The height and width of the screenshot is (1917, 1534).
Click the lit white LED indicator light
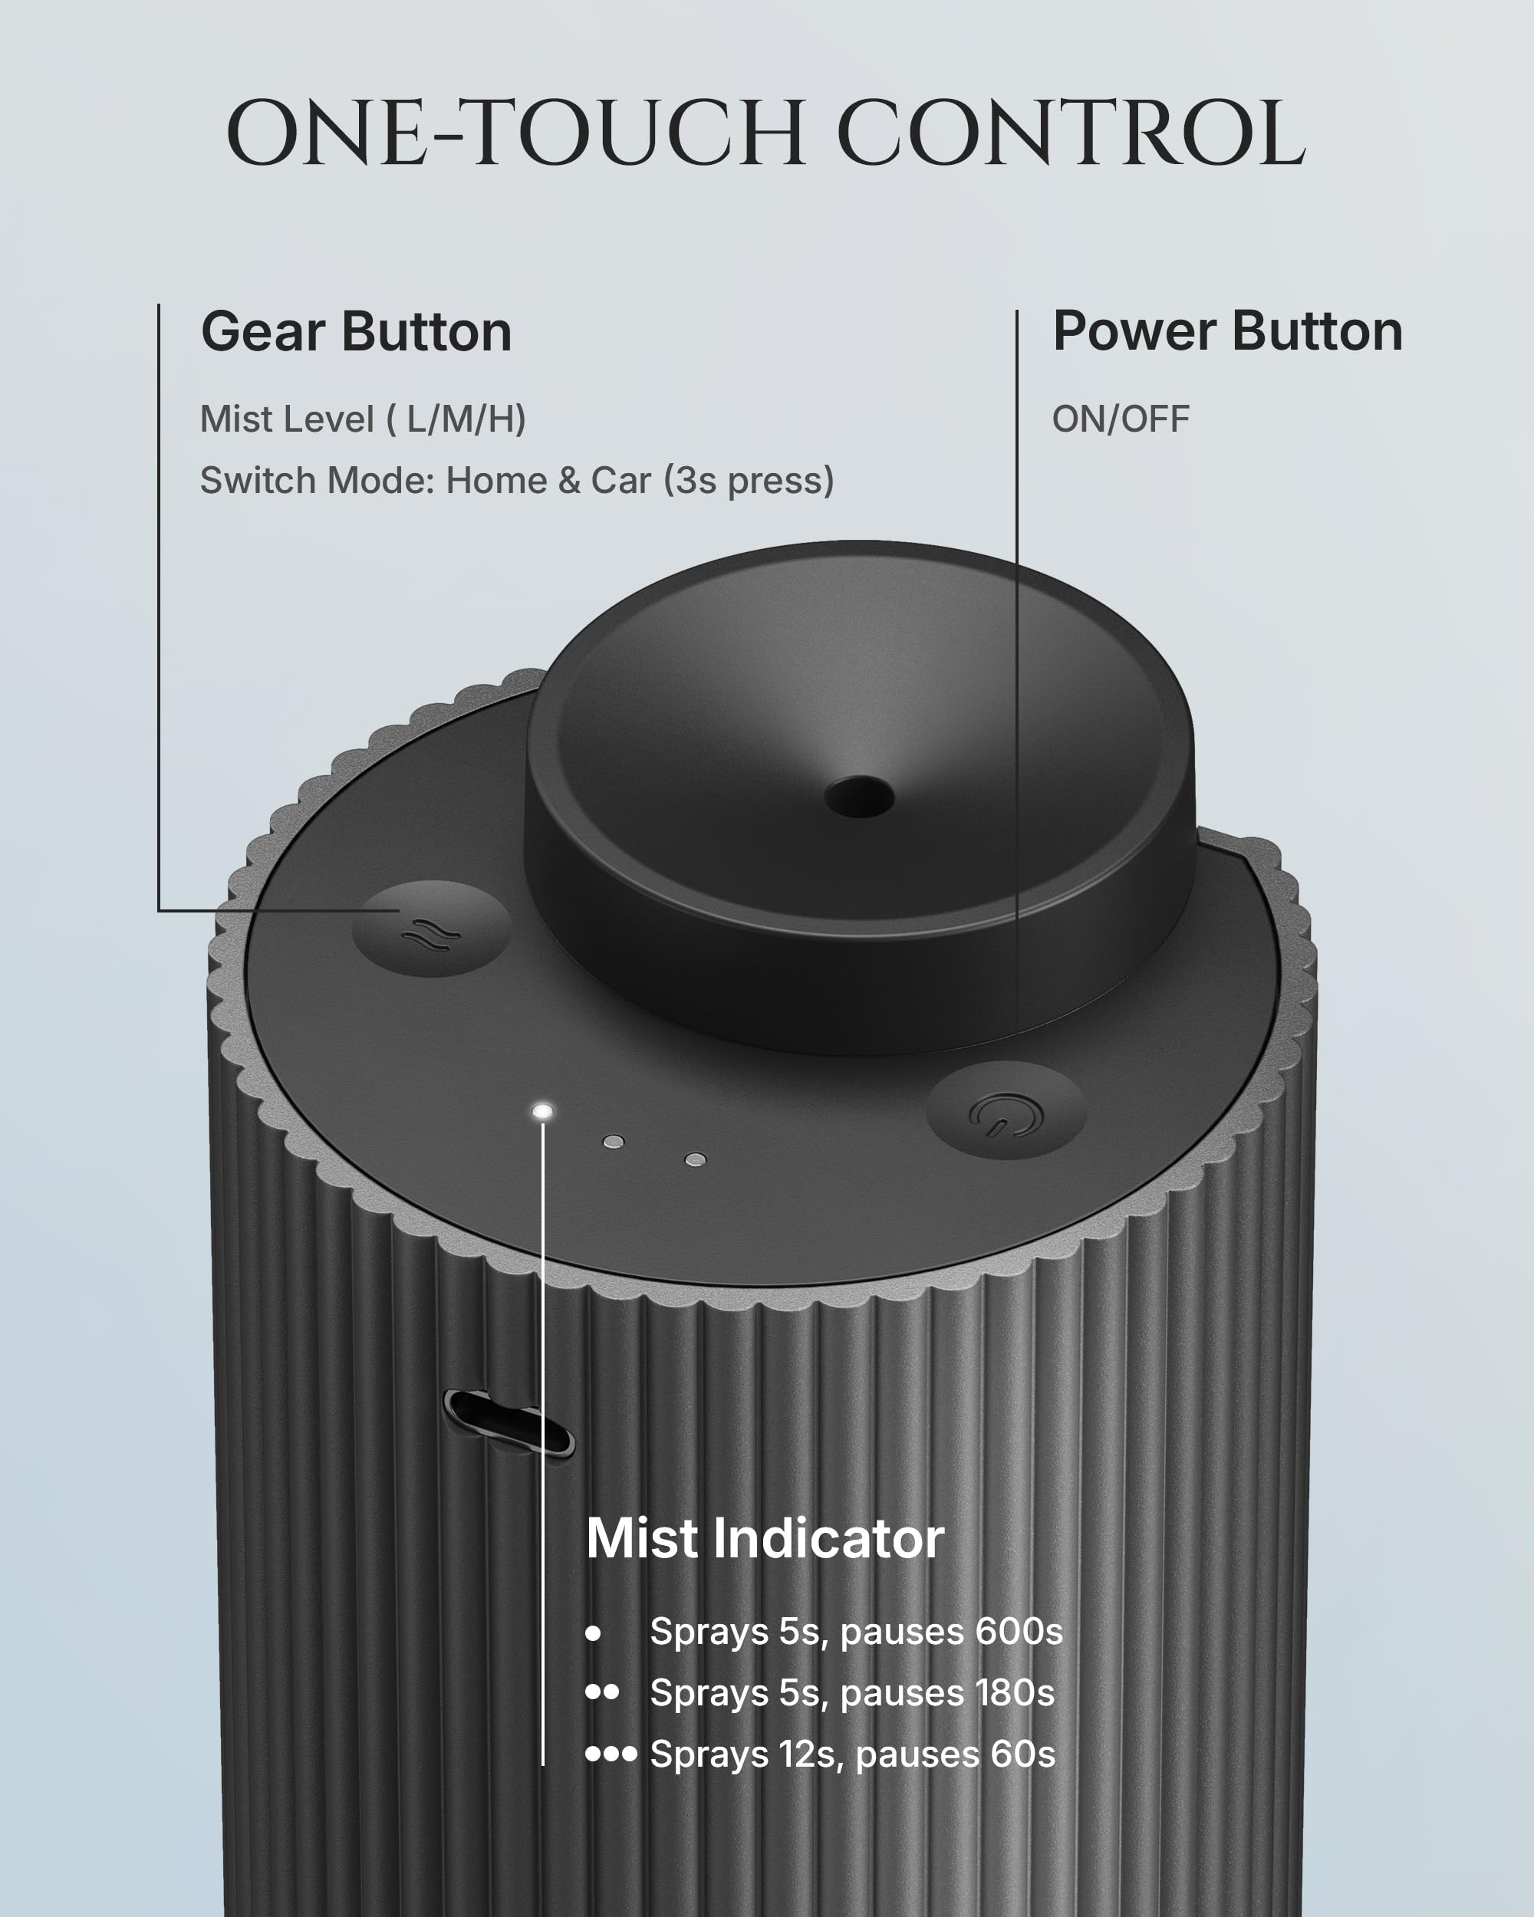pyautogui.click(x=542, y=1111)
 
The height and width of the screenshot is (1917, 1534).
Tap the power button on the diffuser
pyautogui.click(x=1006, y=1110)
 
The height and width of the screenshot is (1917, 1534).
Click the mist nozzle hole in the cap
pyautogui.click(x=859, y=796)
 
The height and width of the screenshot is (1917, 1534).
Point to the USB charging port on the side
pyautogui.click(x=509, y=1423)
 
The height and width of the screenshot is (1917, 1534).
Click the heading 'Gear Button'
pyautogui.click(x=356, y=332)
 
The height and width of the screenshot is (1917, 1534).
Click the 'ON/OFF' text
pyautogui.click(x=1121, y=419)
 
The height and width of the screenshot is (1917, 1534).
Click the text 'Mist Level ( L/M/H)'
pyautogui.click(x=363, y=419)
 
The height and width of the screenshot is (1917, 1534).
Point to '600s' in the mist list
pyautogui.click(x=1019, y=1631)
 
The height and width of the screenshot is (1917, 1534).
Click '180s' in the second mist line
pyautogui.click(x=1012, y=1692)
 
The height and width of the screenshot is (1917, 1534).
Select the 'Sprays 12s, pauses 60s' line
pyautogui.click(x=853, y=1754)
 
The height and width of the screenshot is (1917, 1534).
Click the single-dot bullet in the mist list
pyautogui.click(x=593, y=1633)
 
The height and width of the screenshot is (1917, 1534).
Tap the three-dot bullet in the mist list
pyautogui.click(x=612, y=1754)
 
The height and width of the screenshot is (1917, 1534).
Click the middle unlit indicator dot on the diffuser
pyautogui.click(x=613, y=1142)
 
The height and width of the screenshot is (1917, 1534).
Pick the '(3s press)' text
pyautogui.click(x=749, y=480)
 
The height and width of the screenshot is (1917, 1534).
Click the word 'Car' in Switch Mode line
pyautogui.click(x=621, y=480)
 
